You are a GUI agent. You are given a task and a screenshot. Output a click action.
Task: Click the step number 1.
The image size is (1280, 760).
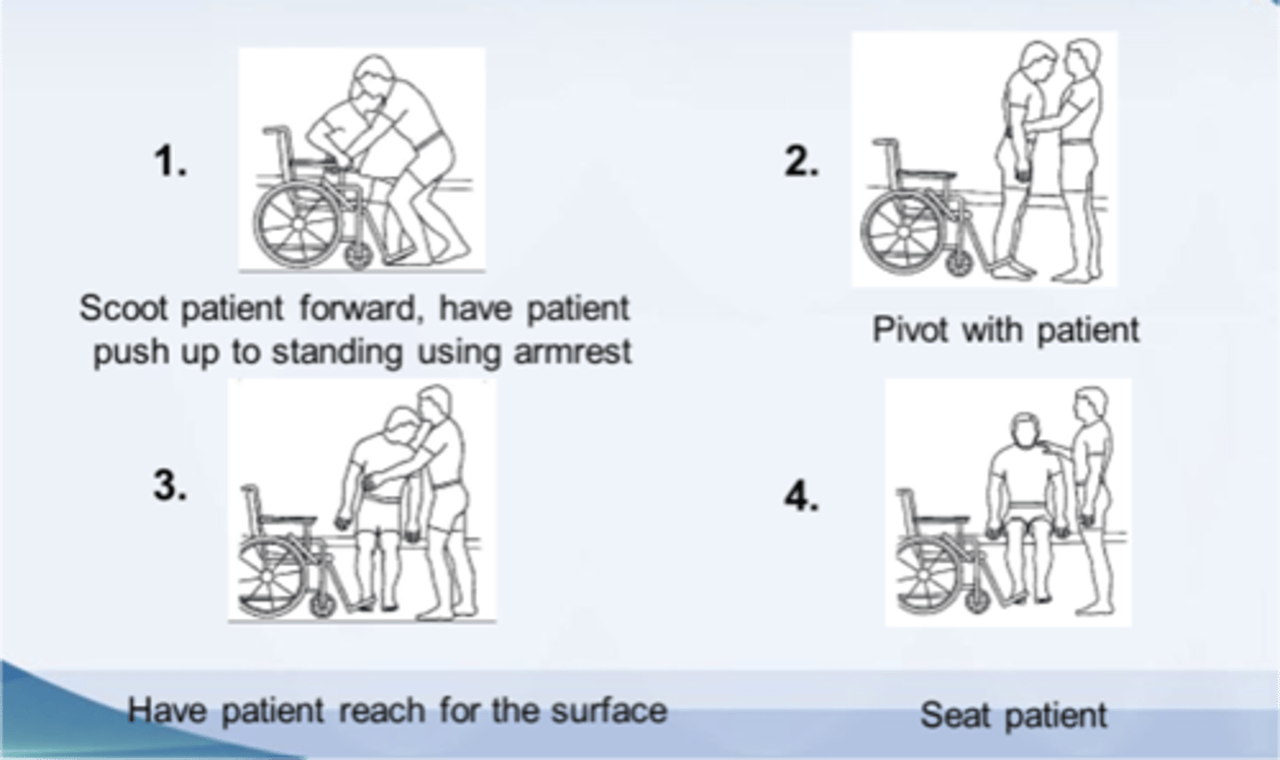tap(171, 161)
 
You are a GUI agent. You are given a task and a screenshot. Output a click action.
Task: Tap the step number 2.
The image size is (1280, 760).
tap(802, 161)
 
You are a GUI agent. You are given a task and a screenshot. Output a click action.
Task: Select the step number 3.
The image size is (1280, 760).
tap(171, 485)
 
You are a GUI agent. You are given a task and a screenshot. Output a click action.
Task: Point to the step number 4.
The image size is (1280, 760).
tap(802, 495)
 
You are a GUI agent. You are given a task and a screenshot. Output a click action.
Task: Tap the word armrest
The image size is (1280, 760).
tap(572, 351)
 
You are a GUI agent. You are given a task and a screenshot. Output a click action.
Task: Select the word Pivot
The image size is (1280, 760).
tap(909, 331)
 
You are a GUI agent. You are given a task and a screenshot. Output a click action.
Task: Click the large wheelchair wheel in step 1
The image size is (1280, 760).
tap(298, 225)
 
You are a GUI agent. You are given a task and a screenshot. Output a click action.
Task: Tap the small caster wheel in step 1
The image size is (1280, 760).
tap(359, 257)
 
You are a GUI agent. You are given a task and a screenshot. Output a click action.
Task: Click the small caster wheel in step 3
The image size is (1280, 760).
tap(323, 605)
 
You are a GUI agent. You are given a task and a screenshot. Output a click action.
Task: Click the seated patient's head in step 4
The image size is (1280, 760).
tap(1025, 429)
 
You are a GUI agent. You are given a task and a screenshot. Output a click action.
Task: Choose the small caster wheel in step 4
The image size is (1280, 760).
tap(977, 601)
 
